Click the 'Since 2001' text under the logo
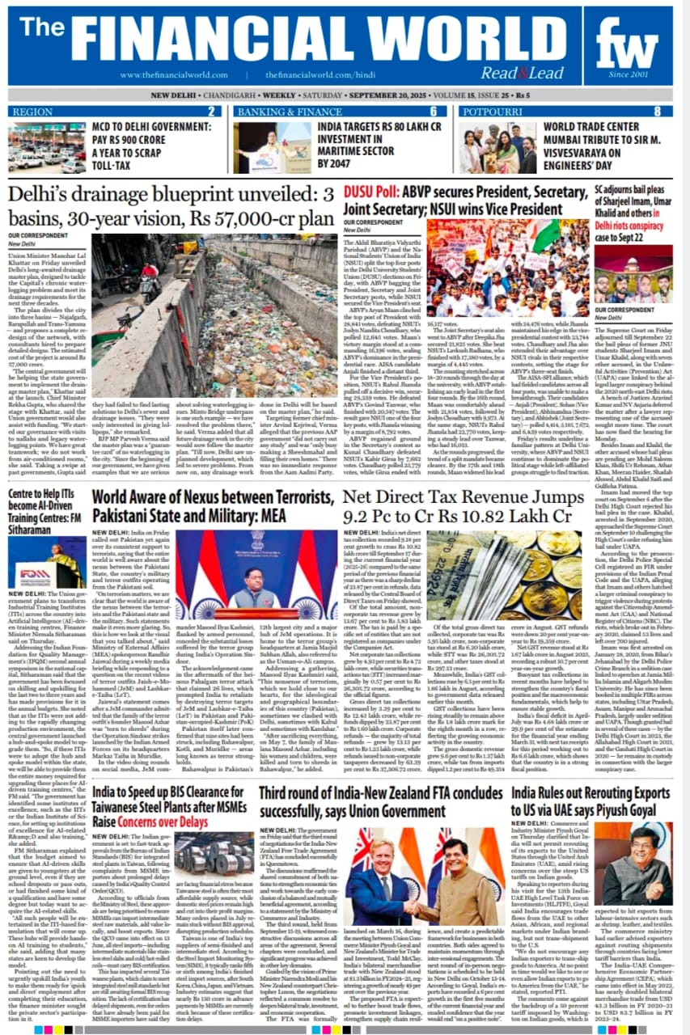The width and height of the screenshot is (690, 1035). click(628, 74)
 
